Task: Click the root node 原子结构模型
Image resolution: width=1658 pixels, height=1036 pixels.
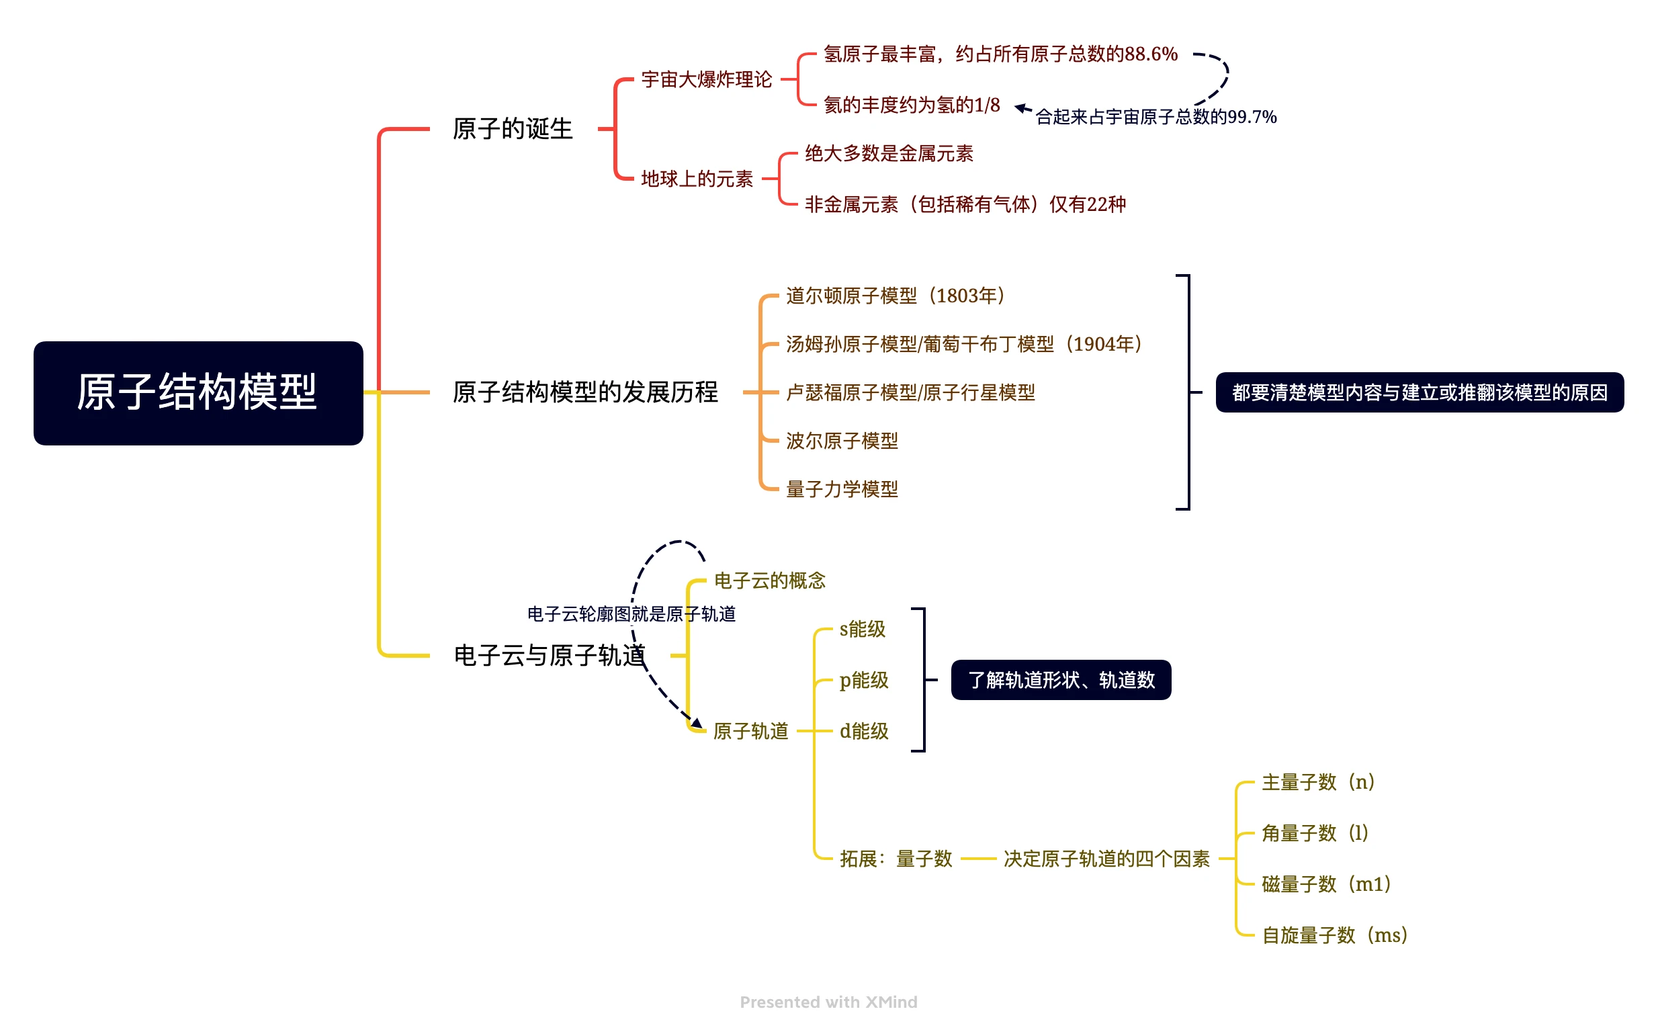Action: pos(198,392)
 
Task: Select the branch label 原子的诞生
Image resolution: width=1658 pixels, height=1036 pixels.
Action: pos(513,129)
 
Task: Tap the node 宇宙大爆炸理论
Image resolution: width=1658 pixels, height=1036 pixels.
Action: pos(706,79)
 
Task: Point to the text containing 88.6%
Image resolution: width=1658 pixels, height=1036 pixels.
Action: pos(1000,54)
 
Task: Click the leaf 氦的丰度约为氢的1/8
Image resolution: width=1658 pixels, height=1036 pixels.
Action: pos(912,105)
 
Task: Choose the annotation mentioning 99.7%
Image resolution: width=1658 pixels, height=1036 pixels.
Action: pos(1155,117)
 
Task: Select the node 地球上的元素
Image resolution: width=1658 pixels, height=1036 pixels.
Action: pos(697,179)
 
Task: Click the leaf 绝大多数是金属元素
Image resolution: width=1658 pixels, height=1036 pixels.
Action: pos(889,153)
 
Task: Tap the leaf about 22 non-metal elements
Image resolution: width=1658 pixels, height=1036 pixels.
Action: pos(965,204)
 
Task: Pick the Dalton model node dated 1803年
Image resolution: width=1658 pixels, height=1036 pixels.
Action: pos(896,296)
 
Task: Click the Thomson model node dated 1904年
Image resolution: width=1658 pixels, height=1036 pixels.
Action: pos(964,344)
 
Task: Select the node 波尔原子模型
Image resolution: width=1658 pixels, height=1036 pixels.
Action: pos(841,441)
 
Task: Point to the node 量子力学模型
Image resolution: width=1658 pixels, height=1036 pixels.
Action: pos(841,489)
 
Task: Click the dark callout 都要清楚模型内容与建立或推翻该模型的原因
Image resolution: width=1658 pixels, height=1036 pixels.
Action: pos(1420,392)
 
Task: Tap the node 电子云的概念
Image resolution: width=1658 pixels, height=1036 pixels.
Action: pos(769,581)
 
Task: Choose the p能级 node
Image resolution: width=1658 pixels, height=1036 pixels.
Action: pos(864,681)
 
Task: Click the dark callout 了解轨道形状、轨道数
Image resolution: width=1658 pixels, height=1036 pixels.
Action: pos(1061,681)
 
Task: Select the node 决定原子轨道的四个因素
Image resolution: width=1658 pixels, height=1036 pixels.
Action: pos(1106,859)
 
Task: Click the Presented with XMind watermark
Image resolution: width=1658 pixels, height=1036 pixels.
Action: pos(828,1002)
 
